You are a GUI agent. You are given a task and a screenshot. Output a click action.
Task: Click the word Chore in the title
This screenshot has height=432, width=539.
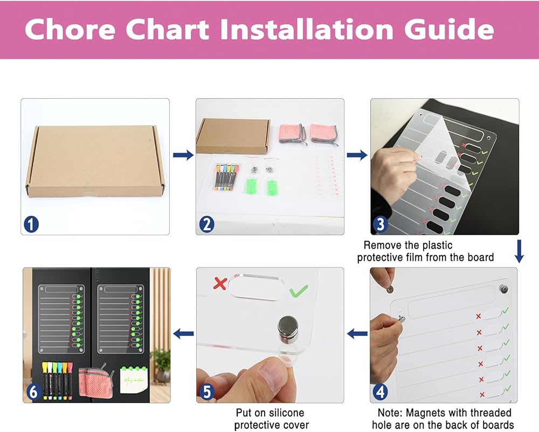click(70, 29)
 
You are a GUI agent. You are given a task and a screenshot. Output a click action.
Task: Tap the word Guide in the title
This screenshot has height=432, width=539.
click(450, 29)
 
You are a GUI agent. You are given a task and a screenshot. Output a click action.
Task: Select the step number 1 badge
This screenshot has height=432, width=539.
click(31, 224)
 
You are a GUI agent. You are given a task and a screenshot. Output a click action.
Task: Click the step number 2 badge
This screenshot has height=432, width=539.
click(206, 224)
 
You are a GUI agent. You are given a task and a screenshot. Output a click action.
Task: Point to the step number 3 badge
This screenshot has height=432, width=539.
click(381, 224)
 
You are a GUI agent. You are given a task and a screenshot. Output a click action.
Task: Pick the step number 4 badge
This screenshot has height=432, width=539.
click(380, 392)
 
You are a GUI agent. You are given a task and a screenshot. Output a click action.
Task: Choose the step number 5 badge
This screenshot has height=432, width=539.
click(206, 392)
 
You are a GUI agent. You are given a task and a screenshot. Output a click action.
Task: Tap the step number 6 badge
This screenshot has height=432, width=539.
click(33, 392)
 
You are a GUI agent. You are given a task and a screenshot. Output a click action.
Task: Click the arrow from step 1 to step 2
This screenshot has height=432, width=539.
click(183, 155)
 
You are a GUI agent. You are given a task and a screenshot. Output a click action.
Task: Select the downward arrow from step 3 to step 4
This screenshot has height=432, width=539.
click(519, 251)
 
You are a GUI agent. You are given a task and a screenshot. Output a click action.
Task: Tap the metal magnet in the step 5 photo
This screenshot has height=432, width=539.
click(288, 330)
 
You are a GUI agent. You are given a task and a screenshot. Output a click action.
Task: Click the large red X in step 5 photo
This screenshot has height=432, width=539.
click(220, 283)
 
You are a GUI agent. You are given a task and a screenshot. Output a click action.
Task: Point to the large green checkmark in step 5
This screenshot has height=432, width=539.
click(299, 291)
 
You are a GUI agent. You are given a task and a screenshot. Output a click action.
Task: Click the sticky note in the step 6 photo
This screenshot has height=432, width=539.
click(134, 380)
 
